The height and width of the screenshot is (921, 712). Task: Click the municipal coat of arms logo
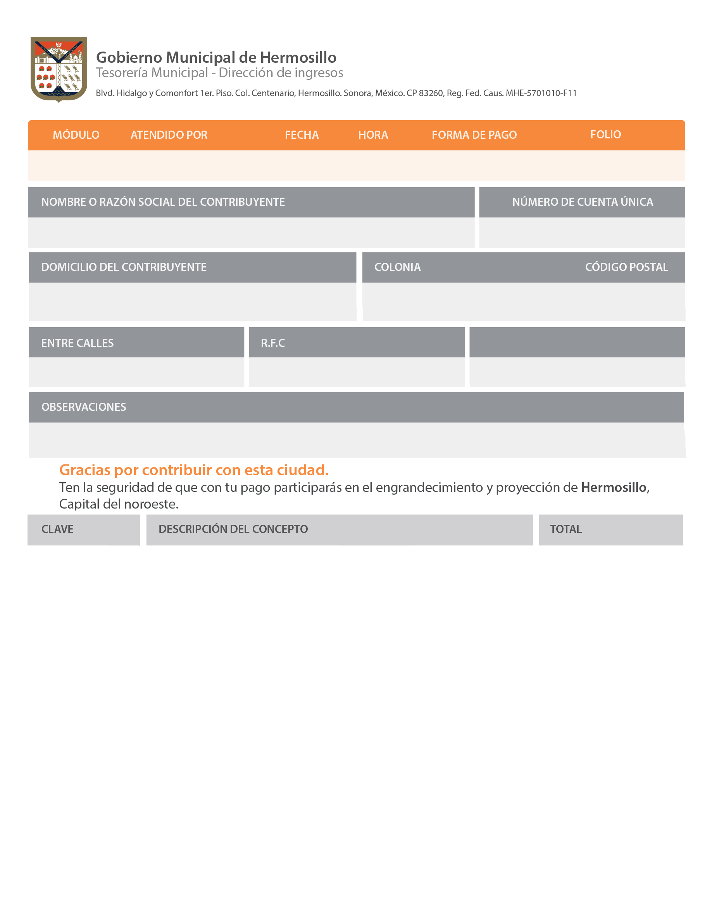click(59, 69)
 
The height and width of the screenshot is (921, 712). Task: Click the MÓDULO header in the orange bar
click(76, 135)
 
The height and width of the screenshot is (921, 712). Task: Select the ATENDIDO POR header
click(169, 135)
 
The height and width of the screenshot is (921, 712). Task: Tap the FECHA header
click(302, 135)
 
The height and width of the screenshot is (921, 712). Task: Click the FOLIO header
click(605, 135)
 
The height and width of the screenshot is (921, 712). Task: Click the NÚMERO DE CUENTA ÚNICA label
click(582, 202)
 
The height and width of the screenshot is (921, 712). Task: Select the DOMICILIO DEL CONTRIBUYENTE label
click(124, 267)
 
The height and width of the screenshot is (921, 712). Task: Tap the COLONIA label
click(397, 267)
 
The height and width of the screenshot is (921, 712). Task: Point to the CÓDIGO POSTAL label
click(626, 267)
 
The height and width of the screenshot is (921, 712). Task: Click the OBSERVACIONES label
click(83, 407)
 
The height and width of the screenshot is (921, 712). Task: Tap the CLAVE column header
click(57, 529)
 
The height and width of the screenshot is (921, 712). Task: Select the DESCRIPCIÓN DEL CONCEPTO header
click(233, 529)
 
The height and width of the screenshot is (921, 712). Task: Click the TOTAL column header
click(565, 529)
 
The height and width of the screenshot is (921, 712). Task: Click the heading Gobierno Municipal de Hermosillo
click(216, 57)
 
